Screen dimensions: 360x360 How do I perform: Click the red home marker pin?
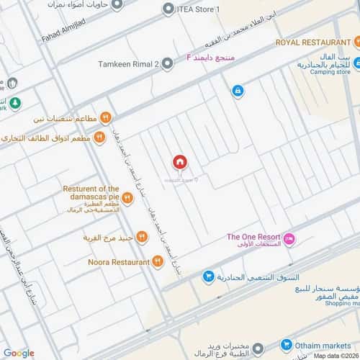pos(179,163)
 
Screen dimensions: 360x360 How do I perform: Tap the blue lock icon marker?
pos(237,91)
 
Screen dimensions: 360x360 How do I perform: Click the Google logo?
pos(18,352)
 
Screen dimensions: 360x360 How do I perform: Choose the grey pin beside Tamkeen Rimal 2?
pos(168,63)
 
